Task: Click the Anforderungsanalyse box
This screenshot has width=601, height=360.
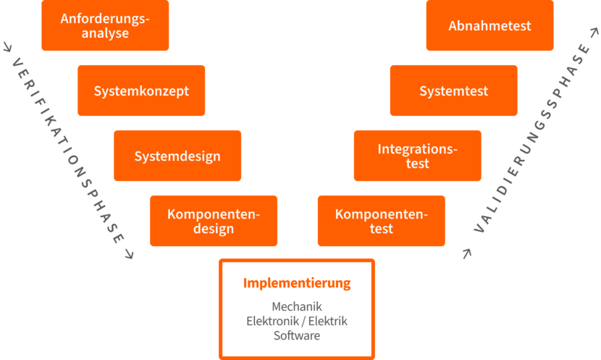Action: click(105, 25)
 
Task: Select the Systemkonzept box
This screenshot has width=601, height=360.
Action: click(141, 91)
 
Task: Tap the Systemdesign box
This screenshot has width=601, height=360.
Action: click(177, 156)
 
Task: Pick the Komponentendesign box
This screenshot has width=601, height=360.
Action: click(214, 221)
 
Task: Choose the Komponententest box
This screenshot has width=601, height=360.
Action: click(382, 221)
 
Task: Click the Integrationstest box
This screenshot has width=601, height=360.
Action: click(418, 156)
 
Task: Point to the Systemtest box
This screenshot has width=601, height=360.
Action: click(454, 91)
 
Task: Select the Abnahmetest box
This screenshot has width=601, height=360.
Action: click(490, 25)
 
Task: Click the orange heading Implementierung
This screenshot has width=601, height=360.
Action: click(297, 282)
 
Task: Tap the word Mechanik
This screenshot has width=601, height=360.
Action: click(297, 306)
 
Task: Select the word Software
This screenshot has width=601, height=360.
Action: click(297, 335)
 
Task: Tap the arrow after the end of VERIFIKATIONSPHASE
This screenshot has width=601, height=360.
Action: click(130, 254)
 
